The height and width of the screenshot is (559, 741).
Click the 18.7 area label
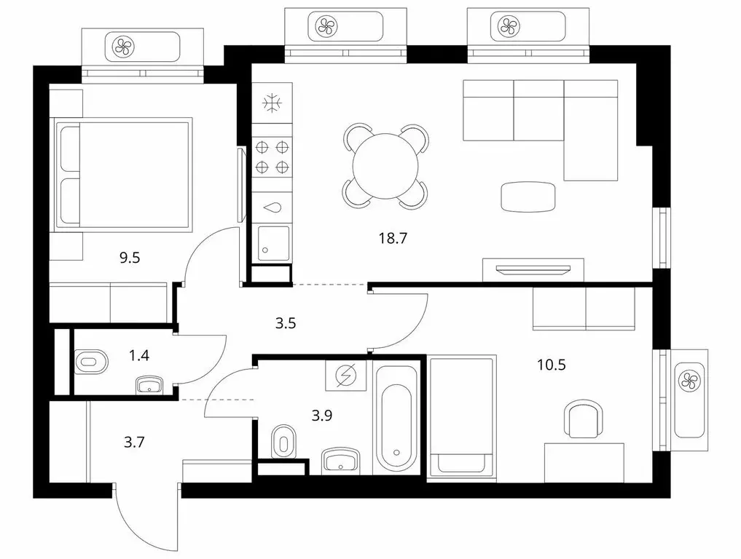(x=393, y=239)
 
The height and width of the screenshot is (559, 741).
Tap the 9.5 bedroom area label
(x=130, y=258)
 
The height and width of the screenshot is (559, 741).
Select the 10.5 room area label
(x=552, y=365)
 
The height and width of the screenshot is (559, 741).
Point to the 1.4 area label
(x=139, y=355)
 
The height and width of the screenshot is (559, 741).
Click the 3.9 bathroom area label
(x=322, y=416)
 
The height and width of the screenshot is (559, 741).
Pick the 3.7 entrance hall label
(x=134, y=443)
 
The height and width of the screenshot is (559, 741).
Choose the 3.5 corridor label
(x=286, y=323)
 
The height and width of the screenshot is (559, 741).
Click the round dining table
(x=385, y=166)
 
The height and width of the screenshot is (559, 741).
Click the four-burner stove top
(x=272, y=157)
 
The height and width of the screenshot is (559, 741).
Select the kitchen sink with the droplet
(x=272, y=207)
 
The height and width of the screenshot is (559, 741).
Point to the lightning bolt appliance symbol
(x=345, y=375)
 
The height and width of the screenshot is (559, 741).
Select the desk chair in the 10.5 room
(x=584, y=419)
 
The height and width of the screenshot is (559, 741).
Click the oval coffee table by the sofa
(x=528, y=197)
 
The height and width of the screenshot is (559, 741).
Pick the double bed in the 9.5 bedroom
(x=124, y=175)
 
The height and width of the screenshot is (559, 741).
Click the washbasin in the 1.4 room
(x=150, y=385)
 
